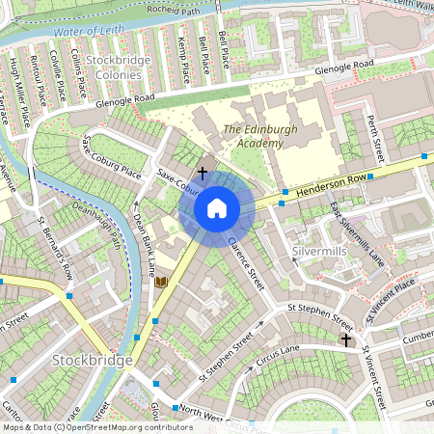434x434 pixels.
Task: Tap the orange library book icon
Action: [x=161, y=282]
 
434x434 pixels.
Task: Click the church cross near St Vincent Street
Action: [x=345, y=339]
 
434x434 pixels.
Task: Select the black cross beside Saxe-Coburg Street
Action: [x=202, y=172]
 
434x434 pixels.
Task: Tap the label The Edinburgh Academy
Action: [x=253, y=136]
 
